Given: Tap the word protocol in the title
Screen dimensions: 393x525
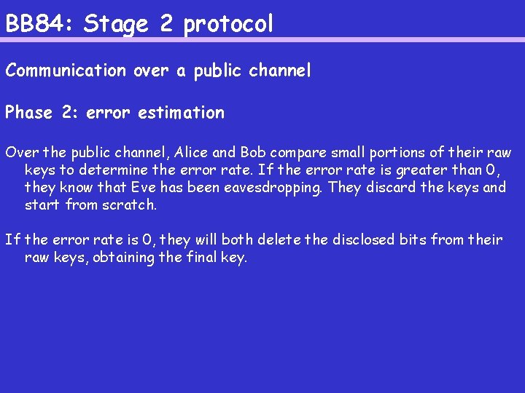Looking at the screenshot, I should pyautogui.click(x=229, y=25).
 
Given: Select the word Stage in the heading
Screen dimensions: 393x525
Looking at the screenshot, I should pyautogui.click(x=117, y=25).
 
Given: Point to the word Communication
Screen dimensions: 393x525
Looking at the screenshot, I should pyautogui.click(x=66, y=71).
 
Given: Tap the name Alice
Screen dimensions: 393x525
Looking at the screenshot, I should pyautogui.click(x=192, y=153).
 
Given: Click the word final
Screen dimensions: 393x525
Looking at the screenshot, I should pyautogui.click(x=217, y=257).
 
